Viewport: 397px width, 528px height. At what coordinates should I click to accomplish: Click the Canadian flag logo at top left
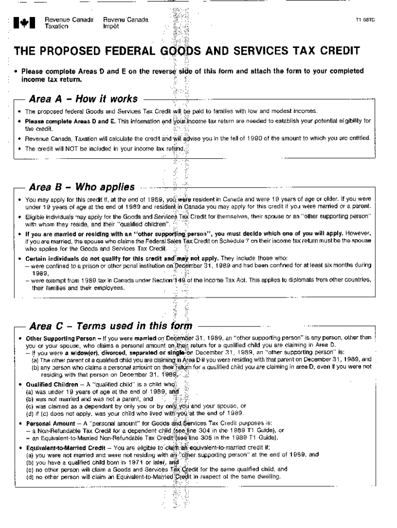tap(25, 23)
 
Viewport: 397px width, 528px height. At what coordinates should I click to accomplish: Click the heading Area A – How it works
tap(84, 98)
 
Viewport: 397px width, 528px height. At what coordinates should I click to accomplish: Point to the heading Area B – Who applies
tap(82, 187)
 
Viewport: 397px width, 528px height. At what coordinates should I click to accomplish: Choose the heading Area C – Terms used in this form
tap(111, 326)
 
